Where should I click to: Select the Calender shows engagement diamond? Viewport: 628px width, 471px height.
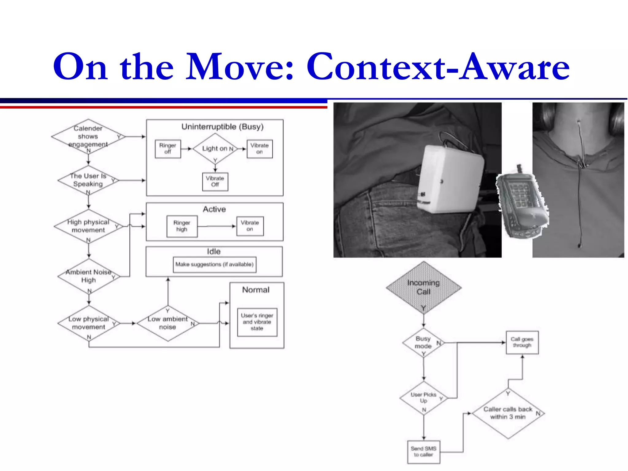pyautogui.click(x=88, y=136)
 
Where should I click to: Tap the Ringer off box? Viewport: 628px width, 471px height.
pyautogui.click(x=168, y=149)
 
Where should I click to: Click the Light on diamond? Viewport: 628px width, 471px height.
pyautogui.click(x=215, y=149)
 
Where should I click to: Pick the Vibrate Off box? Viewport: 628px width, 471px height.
pyautogui.click(x=215, y=182)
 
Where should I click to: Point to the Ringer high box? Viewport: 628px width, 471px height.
pyautogui.click(x=182, y=226)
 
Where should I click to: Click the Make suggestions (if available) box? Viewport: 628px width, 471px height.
pyautogui.click(x=214, y=264)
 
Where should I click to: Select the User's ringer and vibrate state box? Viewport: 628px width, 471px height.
pyautogui.click(x=257, y=322)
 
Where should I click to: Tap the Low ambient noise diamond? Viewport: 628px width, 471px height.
pyautogui.click(x=167, y=323)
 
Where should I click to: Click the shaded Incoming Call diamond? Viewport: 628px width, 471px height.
pyautogui.click(x=423, y=287)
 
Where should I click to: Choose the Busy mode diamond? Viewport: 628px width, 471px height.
pyautogui.click(x=423, y=343)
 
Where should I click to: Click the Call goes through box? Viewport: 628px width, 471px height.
pyautogui.click(x=522, y=342)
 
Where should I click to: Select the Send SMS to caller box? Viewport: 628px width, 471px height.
pyautogui.click(x=423, y=452)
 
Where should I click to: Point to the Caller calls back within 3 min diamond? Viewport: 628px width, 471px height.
pyautogui.click(x=508, y=413)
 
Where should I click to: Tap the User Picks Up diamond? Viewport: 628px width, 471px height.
pyautogui.click(x=423, y=398)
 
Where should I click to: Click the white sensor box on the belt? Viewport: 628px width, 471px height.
pyautogui.click(x=449, y=179)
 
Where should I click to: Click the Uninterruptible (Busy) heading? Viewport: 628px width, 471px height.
pyautogui.click(x=222, y=127)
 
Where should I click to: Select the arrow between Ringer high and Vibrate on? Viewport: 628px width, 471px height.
pyautogui.click(x=216, y=226)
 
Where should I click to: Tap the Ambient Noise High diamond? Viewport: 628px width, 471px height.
pyautogui.click(x=89, y=276)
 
